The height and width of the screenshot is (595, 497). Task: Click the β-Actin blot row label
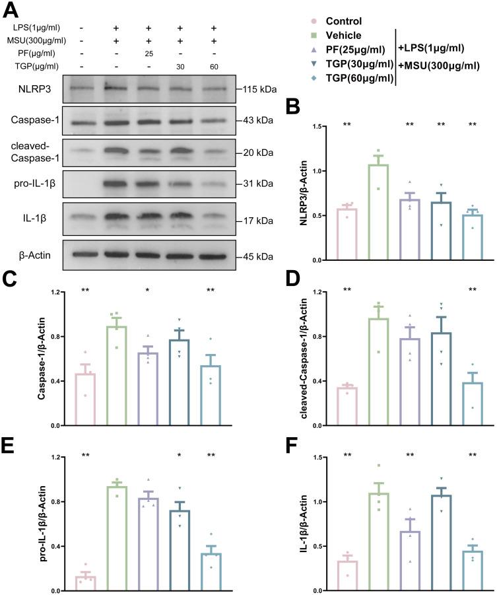click(x=30, y=252)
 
